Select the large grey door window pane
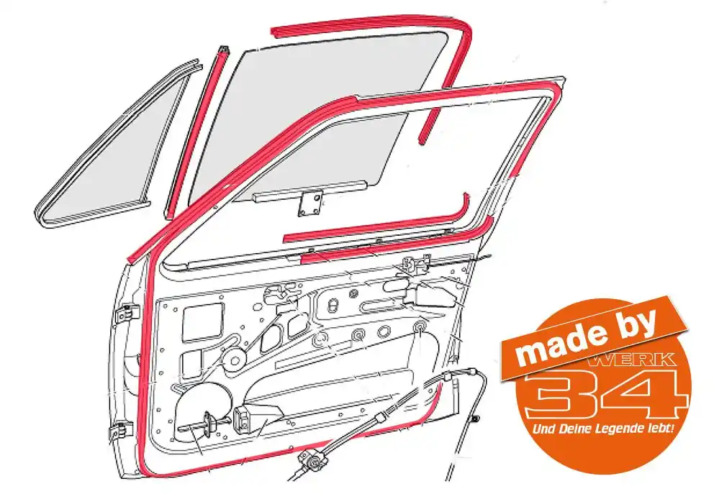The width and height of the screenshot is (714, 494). click(315, 114)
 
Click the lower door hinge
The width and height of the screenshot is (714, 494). click(121, 431)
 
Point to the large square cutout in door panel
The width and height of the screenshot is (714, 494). click(203, 321)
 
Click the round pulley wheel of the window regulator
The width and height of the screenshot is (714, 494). click(235, 360)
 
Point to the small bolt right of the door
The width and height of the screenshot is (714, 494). click(475, 419)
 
